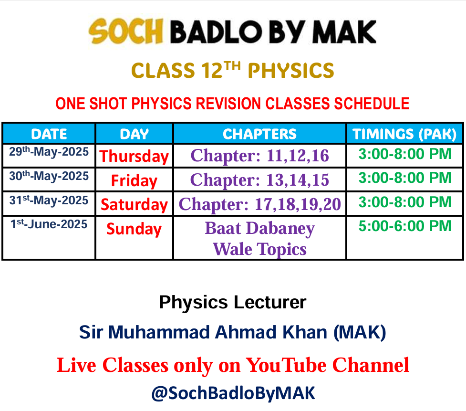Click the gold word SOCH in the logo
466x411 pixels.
pyautogui.click(x=126, y=31)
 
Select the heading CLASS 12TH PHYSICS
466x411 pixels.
pyautogui.click(x=233, y=70)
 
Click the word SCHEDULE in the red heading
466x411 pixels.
pyautogui.click(x=372, y=104)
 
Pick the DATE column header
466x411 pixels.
pyautogui.click(x=49, y=134)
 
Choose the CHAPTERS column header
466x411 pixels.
pyautogui.click(x=260, y=134)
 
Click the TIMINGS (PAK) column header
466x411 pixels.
pyautogui.click(x=404, y=134)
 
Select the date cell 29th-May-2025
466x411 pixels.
pyautogui.click(x=49, y=152)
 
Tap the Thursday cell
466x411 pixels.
pyautogui.click(x=134, y=156)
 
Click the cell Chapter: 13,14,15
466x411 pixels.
pyautogui.click(x=260, y=180)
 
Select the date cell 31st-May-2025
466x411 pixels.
pyautogui.click(x=49, y=200)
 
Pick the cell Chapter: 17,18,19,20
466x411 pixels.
pyautogui.click(x=260, y=204)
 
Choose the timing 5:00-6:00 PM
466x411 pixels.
pyautogui.click(x=405, y=226)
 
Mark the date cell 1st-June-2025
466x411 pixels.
pyautogui.click(x=49, y=224)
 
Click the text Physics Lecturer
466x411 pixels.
pyautogui.click(x=233, y=303)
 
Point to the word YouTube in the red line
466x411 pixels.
pyautogui.click(x=287, y=365)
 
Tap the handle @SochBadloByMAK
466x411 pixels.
pyautogui.click(x=233, y=393)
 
